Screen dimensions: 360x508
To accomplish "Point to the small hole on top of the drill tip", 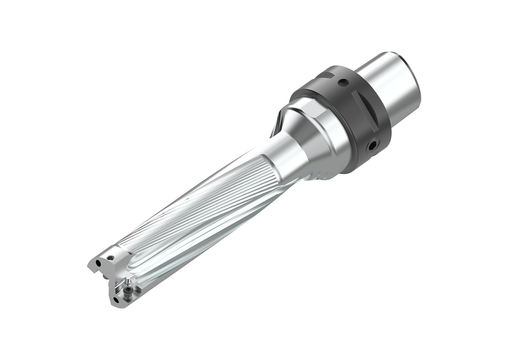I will (111, 257).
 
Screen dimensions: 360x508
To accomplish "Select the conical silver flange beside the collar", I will (322, 139).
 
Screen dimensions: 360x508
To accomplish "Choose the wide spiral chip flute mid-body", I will (198, 223).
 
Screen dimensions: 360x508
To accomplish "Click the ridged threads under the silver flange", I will (325, 174).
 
